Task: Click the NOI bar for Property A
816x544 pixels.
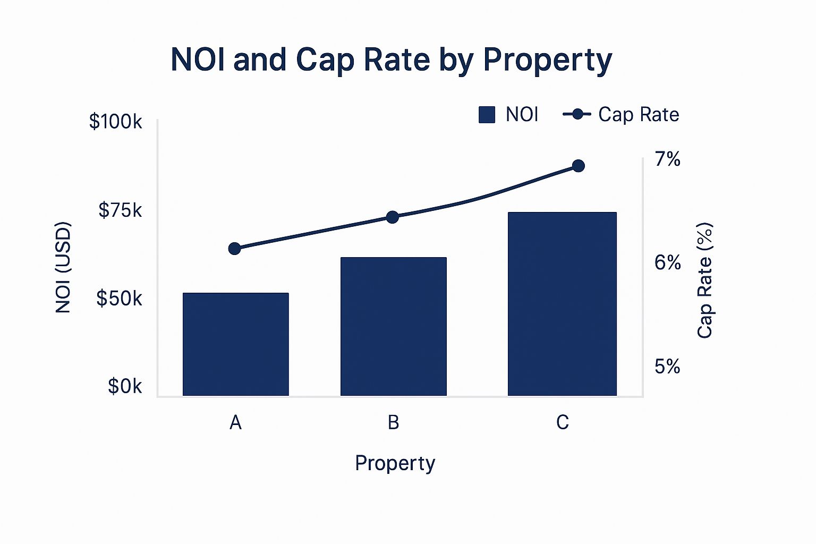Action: [235, 344]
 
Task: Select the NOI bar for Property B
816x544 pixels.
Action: [393, 327]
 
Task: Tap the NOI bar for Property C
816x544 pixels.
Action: [562, 304]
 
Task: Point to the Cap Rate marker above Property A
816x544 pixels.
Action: [234, 249]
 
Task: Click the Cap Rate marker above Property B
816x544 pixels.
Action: [393, 217]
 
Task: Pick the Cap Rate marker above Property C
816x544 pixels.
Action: [579, 166]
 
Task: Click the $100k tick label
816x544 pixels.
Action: [115, 122]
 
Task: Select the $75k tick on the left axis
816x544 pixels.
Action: [120, 210]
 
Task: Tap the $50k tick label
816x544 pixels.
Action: [119, 299]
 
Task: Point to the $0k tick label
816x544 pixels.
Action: [125, 386]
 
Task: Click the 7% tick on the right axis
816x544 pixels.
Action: [667, 159]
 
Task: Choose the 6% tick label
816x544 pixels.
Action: [667, 262]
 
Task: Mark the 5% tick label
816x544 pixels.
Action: [667, 367]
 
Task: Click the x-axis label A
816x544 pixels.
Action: [235, 422]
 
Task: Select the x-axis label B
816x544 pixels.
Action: [393, 422]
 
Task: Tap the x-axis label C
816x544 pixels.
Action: [562, 422]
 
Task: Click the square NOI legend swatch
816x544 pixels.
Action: [487, 115]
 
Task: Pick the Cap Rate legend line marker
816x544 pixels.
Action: [577, 114]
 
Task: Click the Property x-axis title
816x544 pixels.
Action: [395, 463]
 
